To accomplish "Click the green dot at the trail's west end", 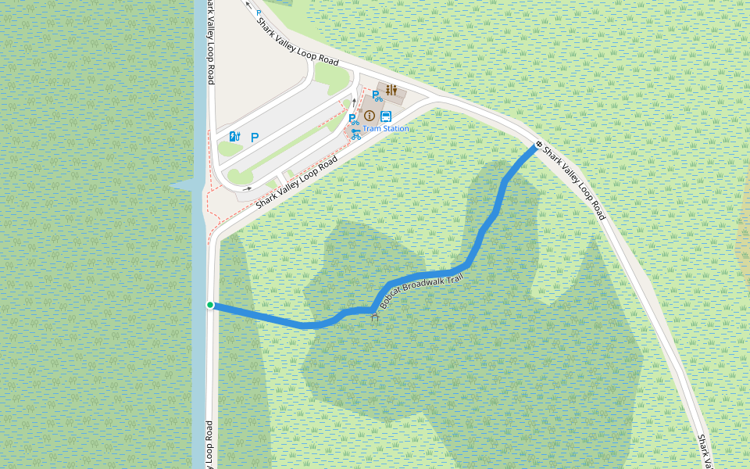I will click(x=210, y=305).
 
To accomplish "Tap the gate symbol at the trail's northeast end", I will click(x=538, y=145).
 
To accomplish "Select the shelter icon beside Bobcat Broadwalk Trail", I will click(x=374, y=317).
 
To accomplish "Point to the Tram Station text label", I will click(x=385, y=128).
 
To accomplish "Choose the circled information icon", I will click(x=370, y=116).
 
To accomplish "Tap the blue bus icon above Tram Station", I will click(x=386, y=116).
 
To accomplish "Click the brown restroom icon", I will click(x=391, y=90).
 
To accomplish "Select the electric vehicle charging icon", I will click(x=234, y=137).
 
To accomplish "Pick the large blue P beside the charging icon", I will click(x=255, y=137).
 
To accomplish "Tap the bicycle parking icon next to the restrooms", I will click(x=377, y=96).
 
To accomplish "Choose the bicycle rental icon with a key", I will click(x=356, y=133).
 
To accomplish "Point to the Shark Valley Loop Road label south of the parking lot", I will click(x=297, y=181).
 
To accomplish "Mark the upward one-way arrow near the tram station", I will click(x=352, y=102).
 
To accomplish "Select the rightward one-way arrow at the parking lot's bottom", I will click(x=247, y=188).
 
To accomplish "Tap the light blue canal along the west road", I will click(x=199, y=352).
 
